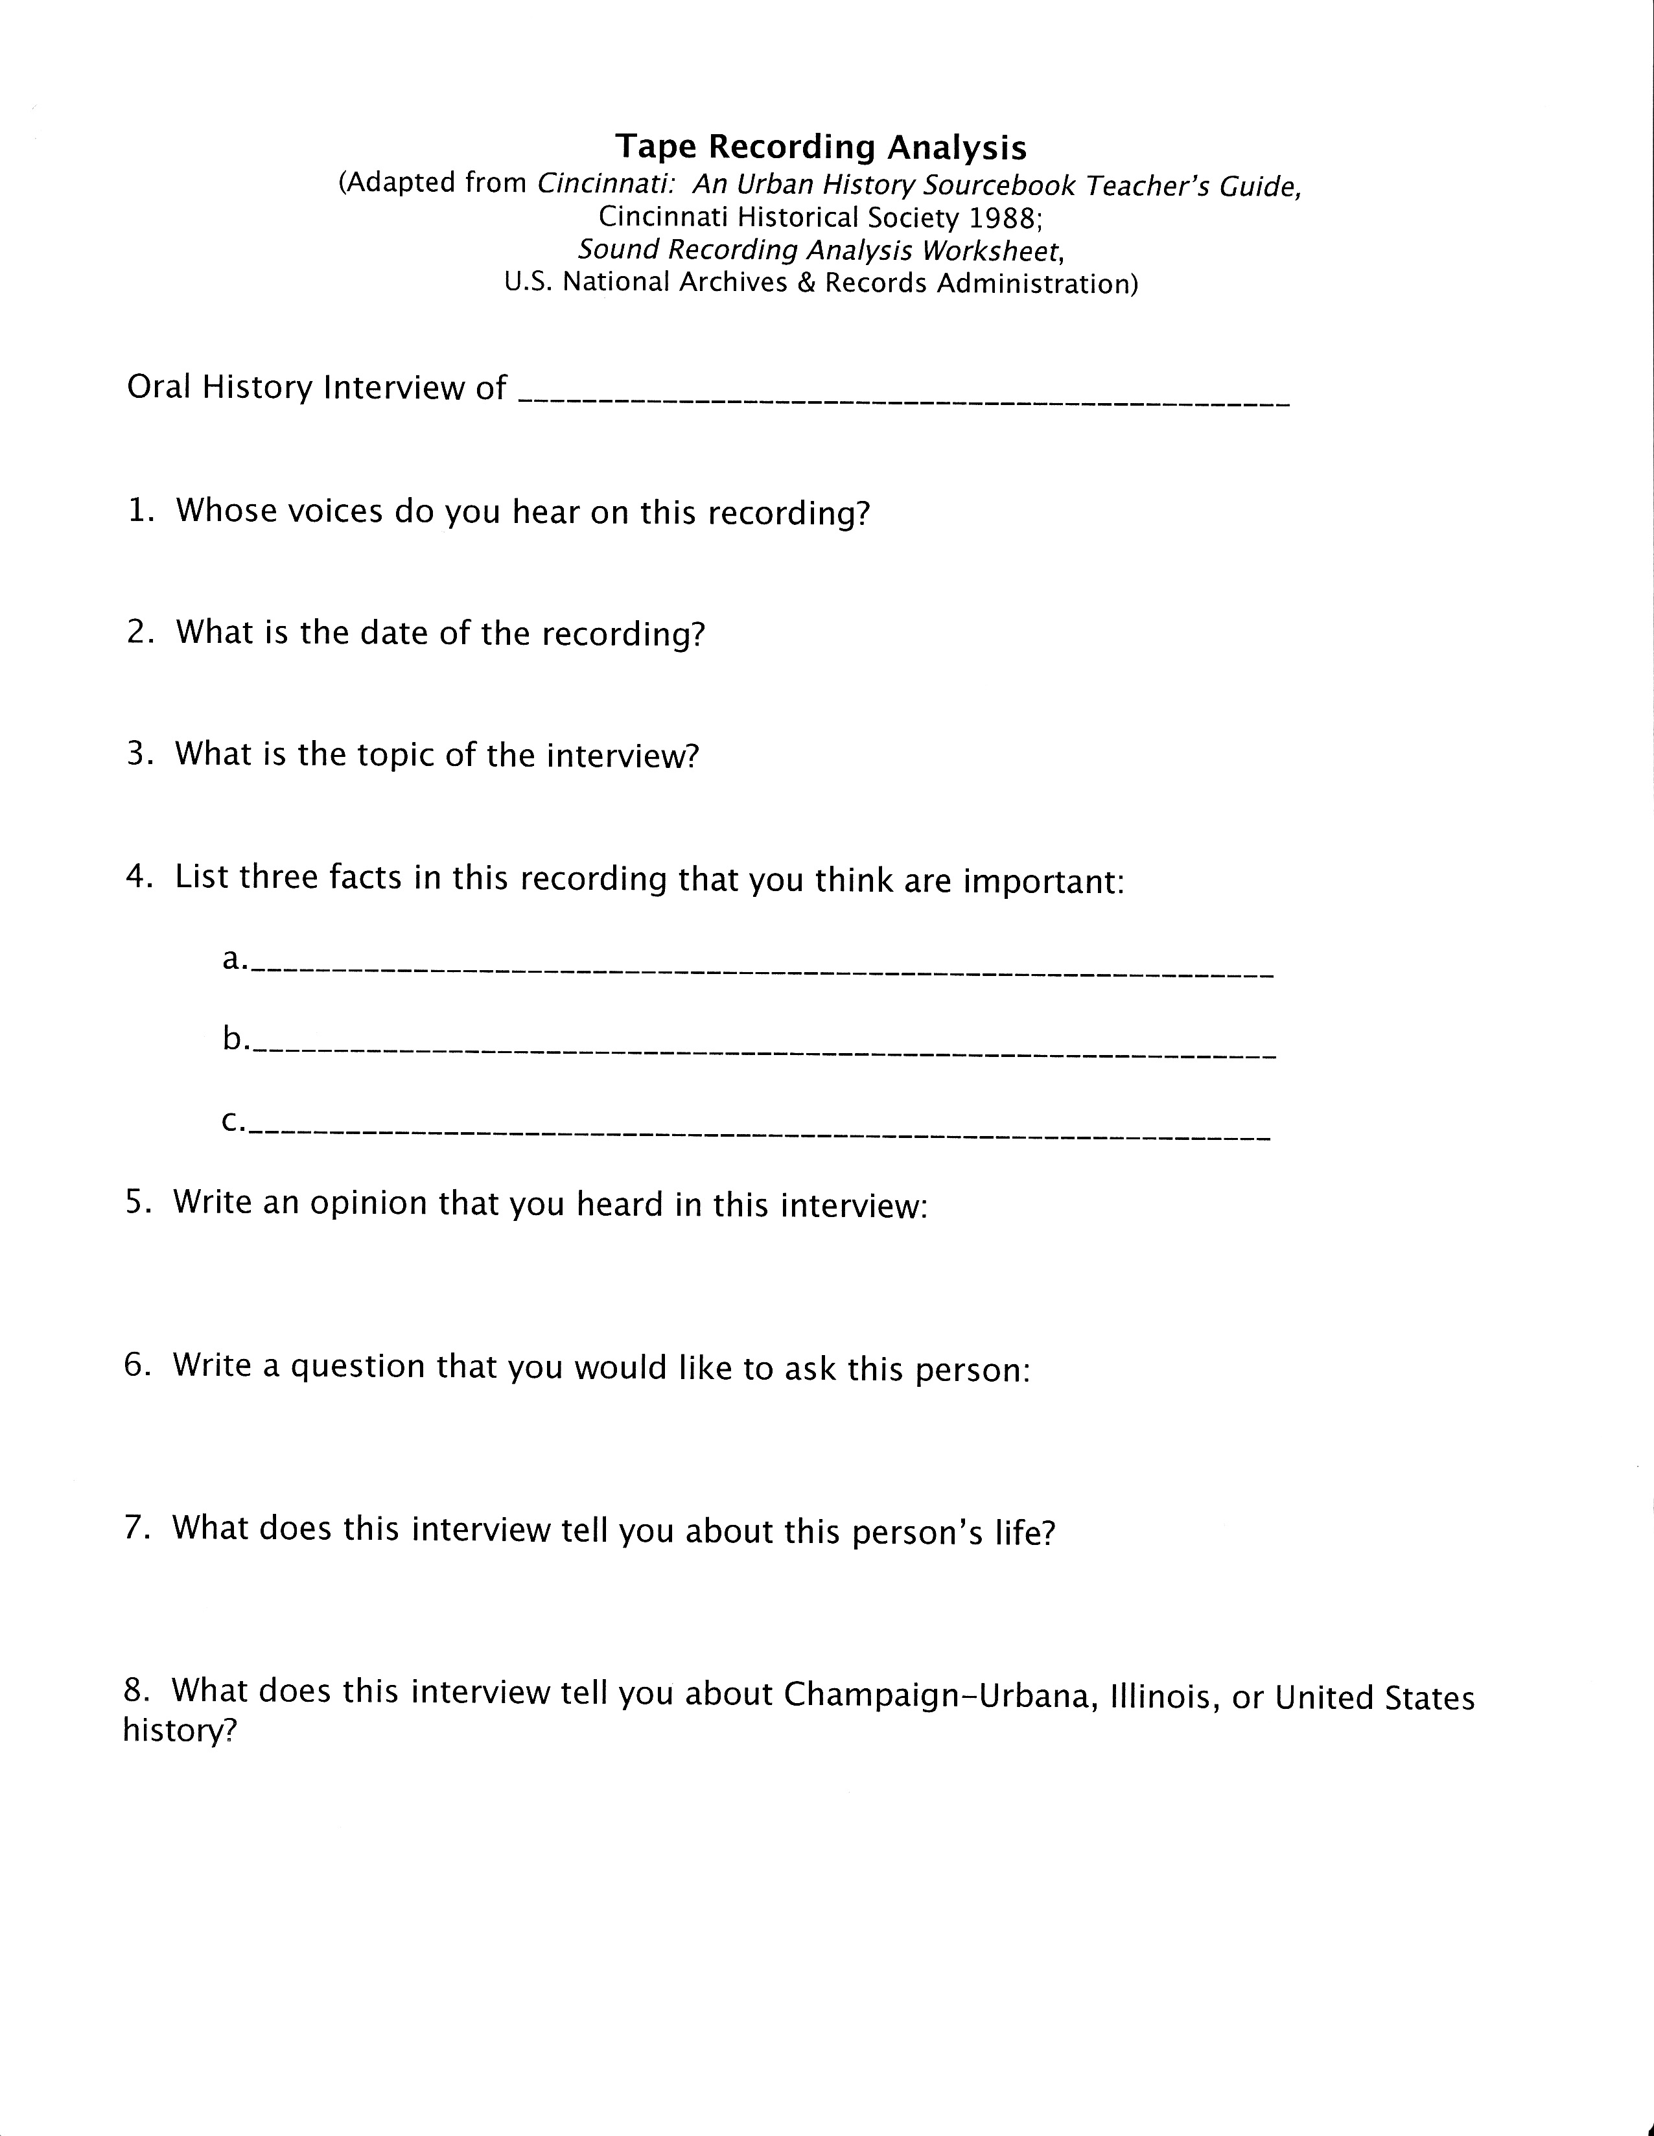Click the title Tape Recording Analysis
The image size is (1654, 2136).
tap(821, 146)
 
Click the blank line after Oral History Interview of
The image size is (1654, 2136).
tap(903, 401)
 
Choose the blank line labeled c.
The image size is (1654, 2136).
tap(760, 1135)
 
